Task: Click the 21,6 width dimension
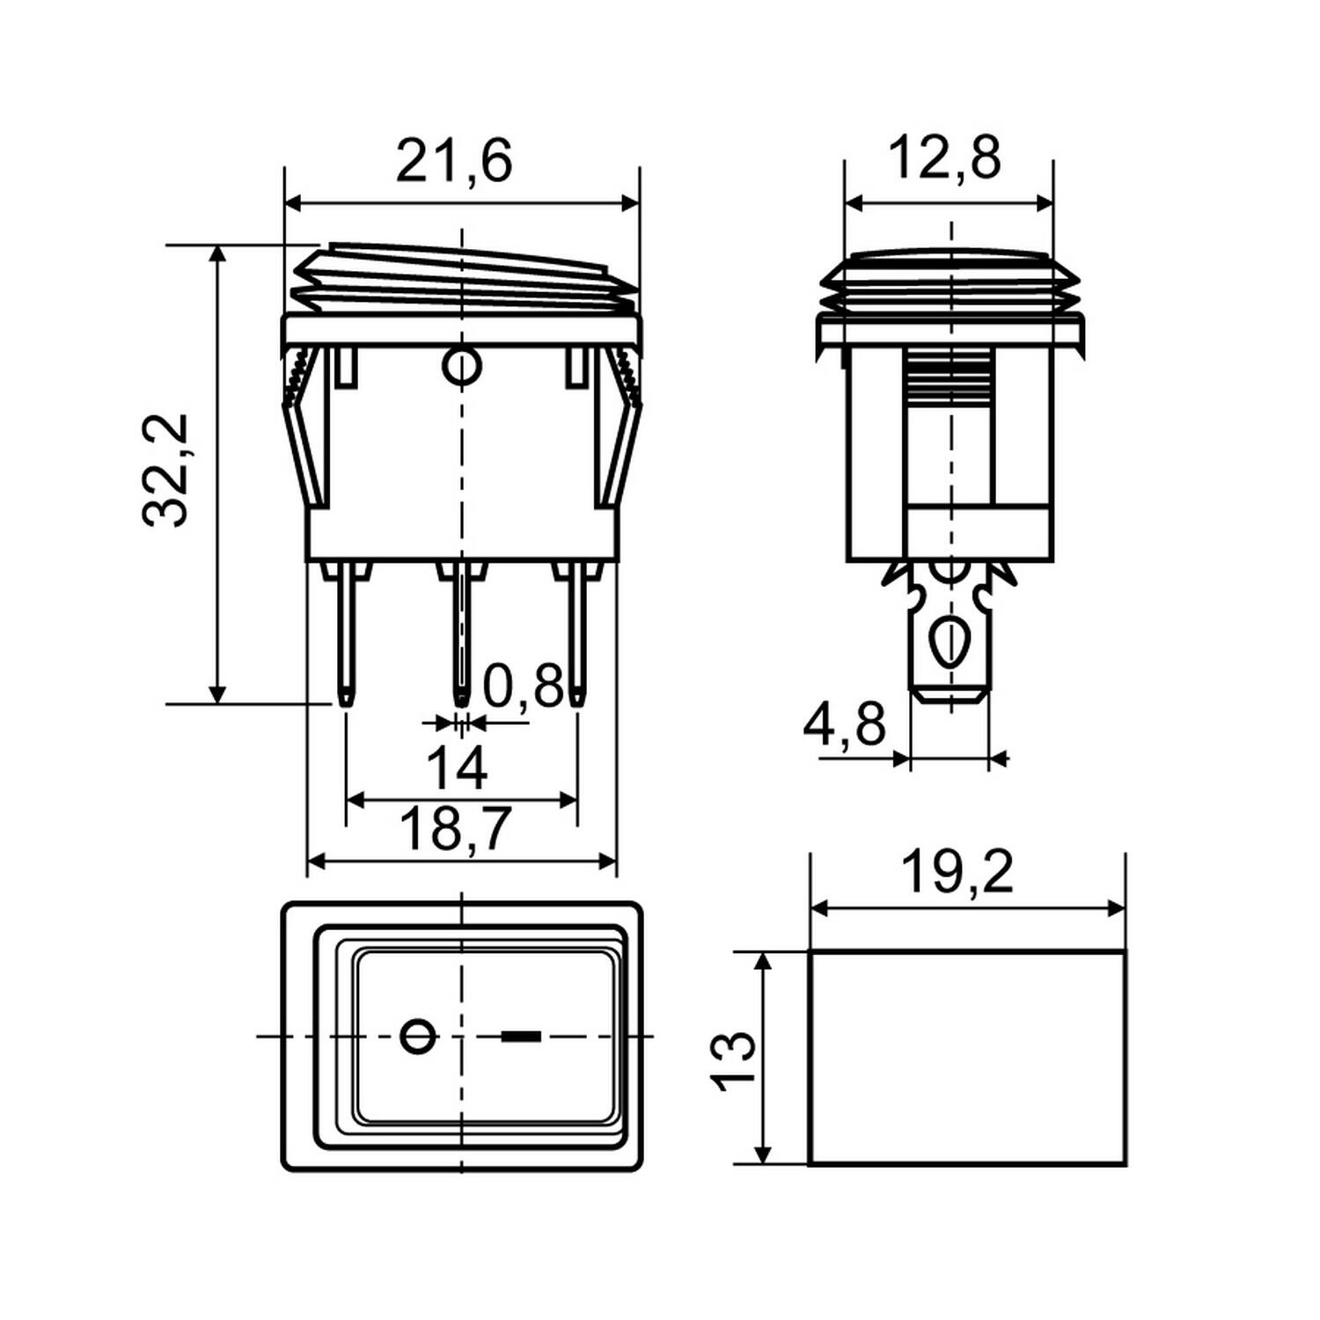click(x=453, y=162)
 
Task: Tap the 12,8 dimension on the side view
click(x=944, y=159)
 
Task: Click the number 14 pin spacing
click(x=457, y=768)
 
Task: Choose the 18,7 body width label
click(x=455, y=829)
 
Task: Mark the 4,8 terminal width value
click(x=844, y=727)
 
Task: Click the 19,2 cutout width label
click(x=957, y=873)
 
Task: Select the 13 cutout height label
click(x=735, y=1060)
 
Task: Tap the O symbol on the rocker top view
click(x=418, y=1036)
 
